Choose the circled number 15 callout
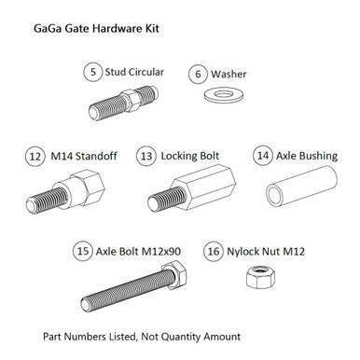pyautogui.click(x=84, y=251)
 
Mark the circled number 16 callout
pyautogui.click(x=214, y=251)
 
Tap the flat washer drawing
pyautogui.click(x=220, y=94)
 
